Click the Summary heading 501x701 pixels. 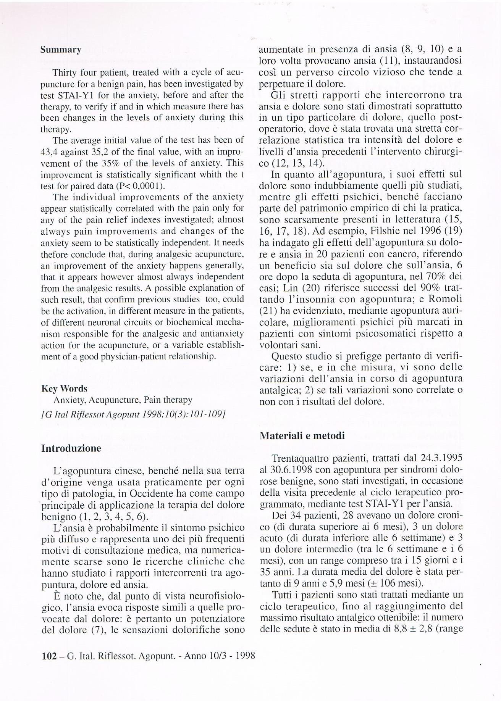pyautogui.click(x=61, y=50)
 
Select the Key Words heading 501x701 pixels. pyautogui.click(x=64, y=388)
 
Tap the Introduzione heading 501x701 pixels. pyautogui.click(x=71, y=448)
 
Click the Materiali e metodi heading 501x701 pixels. pyautogui.click(x=302, y=435)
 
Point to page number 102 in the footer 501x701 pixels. pyautogui.click(x=48, y=656)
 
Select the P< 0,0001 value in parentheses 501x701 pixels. pyautogui.click(x=139, y=186)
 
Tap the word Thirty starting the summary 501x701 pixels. pyautogui.click(x=65, y=73)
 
